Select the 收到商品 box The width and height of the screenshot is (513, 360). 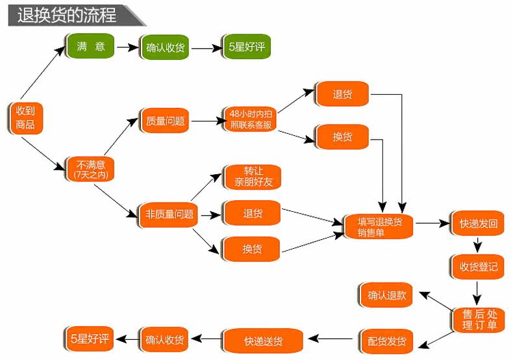(26, 118)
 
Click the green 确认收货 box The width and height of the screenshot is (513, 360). (165, 47)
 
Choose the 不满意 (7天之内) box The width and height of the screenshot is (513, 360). (90, 168)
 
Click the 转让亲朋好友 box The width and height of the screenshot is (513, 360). (253, 176)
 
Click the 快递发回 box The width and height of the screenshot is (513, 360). (478, 223)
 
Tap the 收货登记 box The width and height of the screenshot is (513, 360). (478, 266)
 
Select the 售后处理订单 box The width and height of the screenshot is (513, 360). (478, 318)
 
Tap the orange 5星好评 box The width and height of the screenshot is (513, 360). (90, 338)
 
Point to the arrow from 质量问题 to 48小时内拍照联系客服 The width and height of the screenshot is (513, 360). (204, 121)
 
